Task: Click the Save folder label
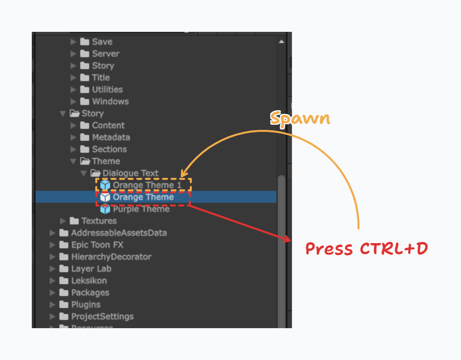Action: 102,42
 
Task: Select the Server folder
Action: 105,54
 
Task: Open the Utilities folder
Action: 107,90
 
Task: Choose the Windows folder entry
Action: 110,101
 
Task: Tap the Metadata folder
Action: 111,137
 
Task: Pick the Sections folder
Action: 109,149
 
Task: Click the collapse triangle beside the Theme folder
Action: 73,161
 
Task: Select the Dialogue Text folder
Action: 130,173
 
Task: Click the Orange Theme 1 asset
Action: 143,185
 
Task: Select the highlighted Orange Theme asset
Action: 143,197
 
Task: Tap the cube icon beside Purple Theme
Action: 105,209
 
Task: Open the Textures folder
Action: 99,221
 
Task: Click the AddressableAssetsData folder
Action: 119,233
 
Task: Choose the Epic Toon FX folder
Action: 97,245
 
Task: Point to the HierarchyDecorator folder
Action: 111,257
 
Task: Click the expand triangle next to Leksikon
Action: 53,280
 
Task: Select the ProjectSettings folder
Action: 102,316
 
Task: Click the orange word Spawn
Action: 300,118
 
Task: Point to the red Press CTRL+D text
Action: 367,248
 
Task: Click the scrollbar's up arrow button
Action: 282,42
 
